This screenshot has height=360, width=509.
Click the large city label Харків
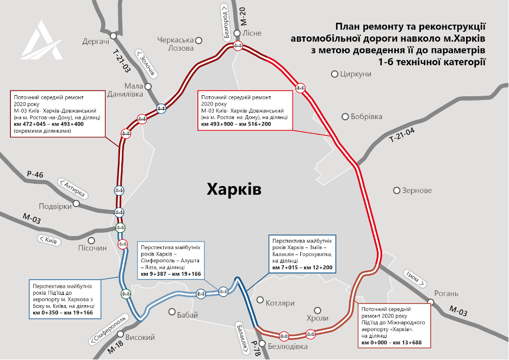tap(234, 189)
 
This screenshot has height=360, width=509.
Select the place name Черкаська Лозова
tap(175, 44)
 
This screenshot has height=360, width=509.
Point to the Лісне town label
tap(252, 33)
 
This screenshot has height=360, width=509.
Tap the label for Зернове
tap(417, 190)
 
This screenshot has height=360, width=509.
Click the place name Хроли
tap(318, 318)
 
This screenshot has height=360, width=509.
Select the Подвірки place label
tap(55, 206)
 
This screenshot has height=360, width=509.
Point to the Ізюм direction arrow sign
tap(413, 278)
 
